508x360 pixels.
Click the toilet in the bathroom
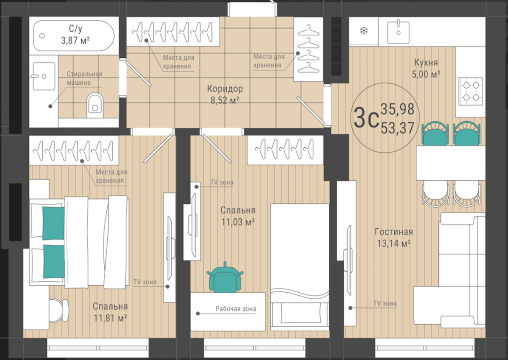95,105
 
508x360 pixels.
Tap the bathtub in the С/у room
74,36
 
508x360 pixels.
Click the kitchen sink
398,31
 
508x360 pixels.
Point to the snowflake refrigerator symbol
364,31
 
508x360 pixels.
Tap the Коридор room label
225,88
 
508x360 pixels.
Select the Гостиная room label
394,232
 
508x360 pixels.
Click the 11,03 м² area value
238,222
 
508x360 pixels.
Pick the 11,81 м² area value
110,318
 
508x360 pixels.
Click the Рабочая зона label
236,309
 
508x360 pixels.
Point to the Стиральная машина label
85,78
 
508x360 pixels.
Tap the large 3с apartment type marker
366,118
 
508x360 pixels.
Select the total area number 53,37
397,128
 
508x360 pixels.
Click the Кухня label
426,62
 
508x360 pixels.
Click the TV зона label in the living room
385,304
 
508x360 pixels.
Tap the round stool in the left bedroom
59,311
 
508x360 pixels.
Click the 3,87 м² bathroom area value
75,40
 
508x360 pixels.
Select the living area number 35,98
397,109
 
